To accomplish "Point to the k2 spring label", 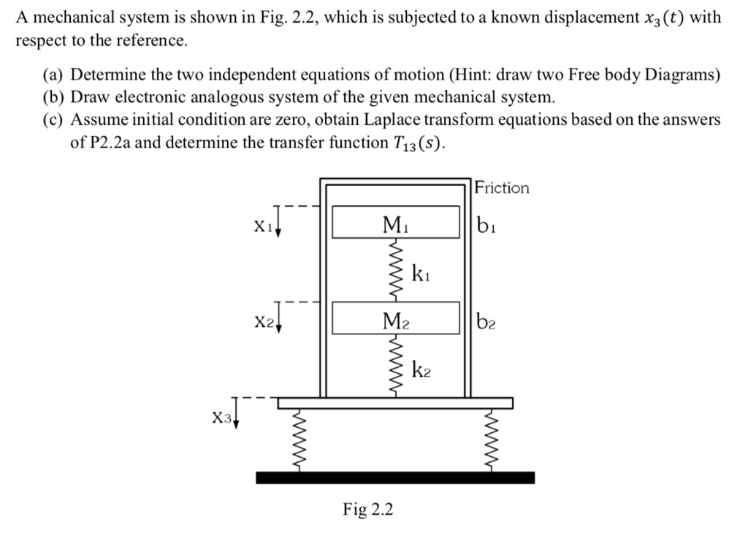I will pos(421,370).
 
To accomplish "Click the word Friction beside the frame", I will pos(502,188).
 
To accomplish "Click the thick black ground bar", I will pos(395,477).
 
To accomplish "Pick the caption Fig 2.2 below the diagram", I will pos(367,509).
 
